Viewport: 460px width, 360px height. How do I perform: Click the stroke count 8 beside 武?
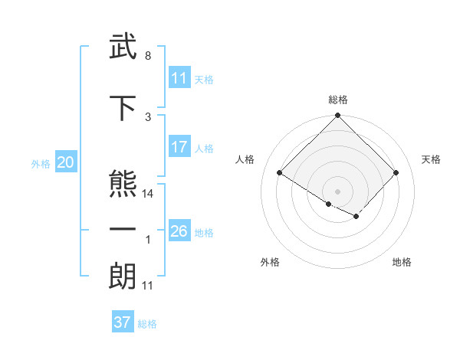coord(147,57)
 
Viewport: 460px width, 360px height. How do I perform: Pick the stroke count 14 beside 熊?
coord(149,194)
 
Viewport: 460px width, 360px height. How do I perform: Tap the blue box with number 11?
coord(179,78)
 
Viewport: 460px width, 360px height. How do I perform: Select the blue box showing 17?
coord(179,148)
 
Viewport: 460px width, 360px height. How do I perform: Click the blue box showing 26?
coord(179,231)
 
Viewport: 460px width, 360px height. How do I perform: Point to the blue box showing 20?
coord(66,162)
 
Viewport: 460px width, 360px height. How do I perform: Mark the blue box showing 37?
coord(123,322)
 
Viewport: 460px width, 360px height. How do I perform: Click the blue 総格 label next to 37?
coord(147,324)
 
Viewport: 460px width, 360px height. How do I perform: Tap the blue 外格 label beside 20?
coord(41,163)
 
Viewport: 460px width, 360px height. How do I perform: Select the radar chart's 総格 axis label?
coord(338,100)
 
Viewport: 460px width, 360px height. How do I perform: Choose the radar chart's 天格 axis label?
coord(431,159)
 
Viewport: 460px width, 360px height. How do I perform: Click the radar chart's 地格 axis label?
coord(402,262)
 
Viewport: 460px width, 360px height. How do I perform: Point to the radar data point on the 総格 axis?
coord(337,116)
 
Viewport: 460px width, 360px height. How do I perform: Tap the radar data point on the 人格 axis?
coord(280,173)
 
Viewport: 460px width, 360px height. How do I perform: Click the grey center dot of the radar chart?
coord(337,191)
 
